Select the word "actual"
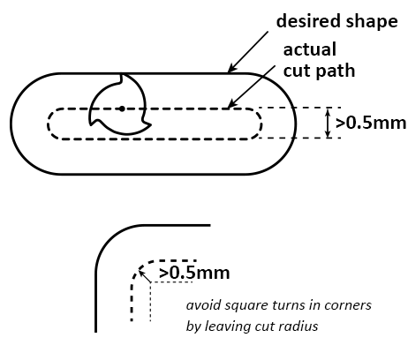pyautogui.click(x=310, y=49)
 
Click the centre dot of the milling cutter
pyautogui.click(x=122, y=109)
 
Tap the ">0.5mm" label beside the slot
pyautogui.click(x=371, y=123)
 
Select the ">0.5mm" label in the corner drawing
pyautogui.click(x=194, y=273)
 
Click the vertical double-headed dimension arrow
pyautogui.click(x=329, y=123)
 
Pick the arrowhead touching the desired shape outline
pyautogui.click(x=231, y=69)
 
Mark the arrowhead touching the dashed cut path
pyautogui.click(x=231, y=104)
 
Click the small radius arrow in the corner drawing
pyautogui.click(x=144, y=276)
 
